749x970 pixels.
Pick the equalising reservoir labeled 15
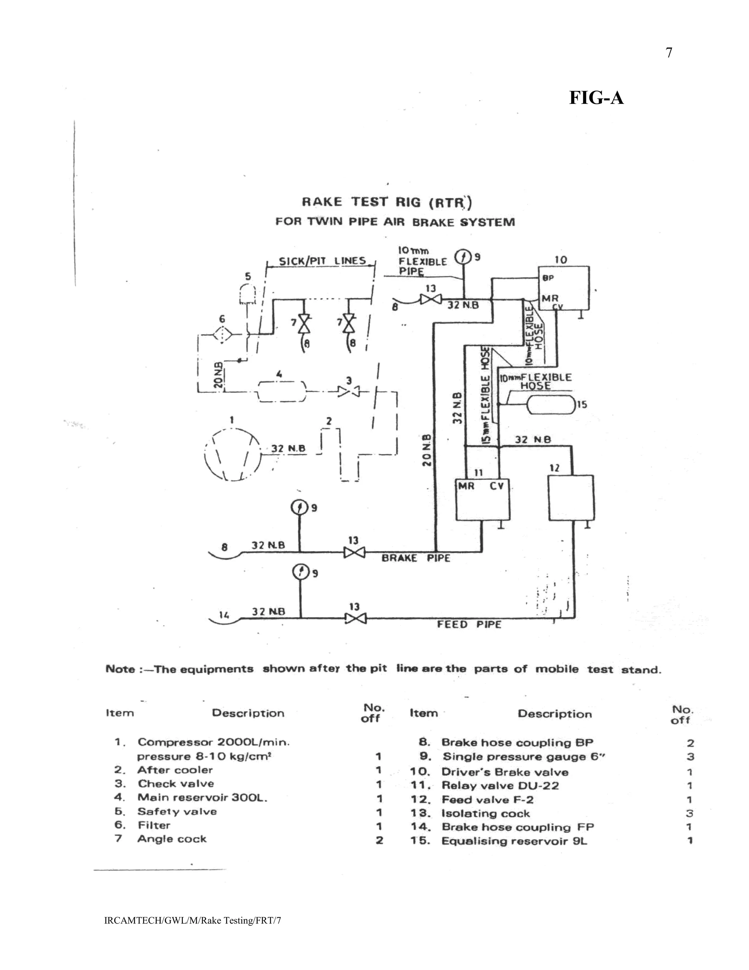550,404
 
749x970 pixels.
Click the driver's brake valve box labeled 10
564,288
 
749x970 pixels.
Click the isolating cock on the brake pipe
354,552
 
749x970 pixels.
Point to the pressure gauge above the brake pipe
299,507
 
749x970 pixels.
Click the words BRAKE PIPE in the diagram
415,558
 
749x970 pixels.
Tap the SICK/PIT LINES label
322,261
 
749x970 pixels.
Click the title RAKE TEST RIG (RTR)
387,202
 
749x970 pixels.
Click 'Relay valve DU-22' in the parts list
500,786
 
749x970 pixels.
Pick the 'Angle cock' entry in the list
172,839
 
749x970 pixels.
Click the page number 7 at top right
669,53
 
